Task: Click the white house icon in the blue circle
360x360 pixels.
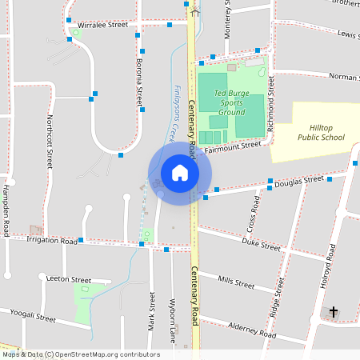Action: point(179,173)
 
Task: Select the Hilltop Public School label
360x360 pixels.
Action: point(321,132)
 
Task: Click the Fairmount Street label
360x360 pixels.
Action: point(232,146)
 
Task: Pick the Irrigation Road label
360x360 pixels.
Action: point(51,239)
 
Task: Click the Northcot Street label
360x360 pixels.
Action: point(50,141)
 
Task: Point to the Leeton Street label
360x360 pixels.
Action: point(70,279)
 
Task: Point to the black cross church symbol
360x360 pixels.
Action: point(333,312)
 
